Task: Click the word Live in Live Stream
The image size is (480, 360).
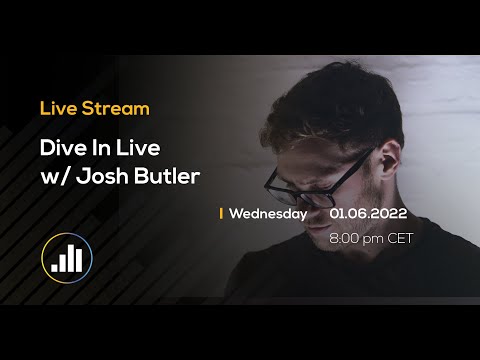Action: pos(57,108)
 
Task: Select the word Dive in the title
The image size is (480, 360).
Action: pos(60,147)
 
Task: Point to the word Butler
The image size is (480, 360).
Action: pos(173,177)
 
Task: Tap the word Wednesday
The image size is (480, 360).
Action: pos(267,213)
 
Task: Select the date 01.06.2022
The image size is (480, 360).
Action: pos(367,213)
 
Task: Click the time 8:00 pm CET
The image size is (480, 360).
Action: pos(370,238)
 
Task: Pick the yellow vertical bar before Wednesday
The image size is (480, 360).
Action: pos(221,213)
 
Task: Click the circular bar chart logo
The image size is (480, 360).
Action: pos(67,256)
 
